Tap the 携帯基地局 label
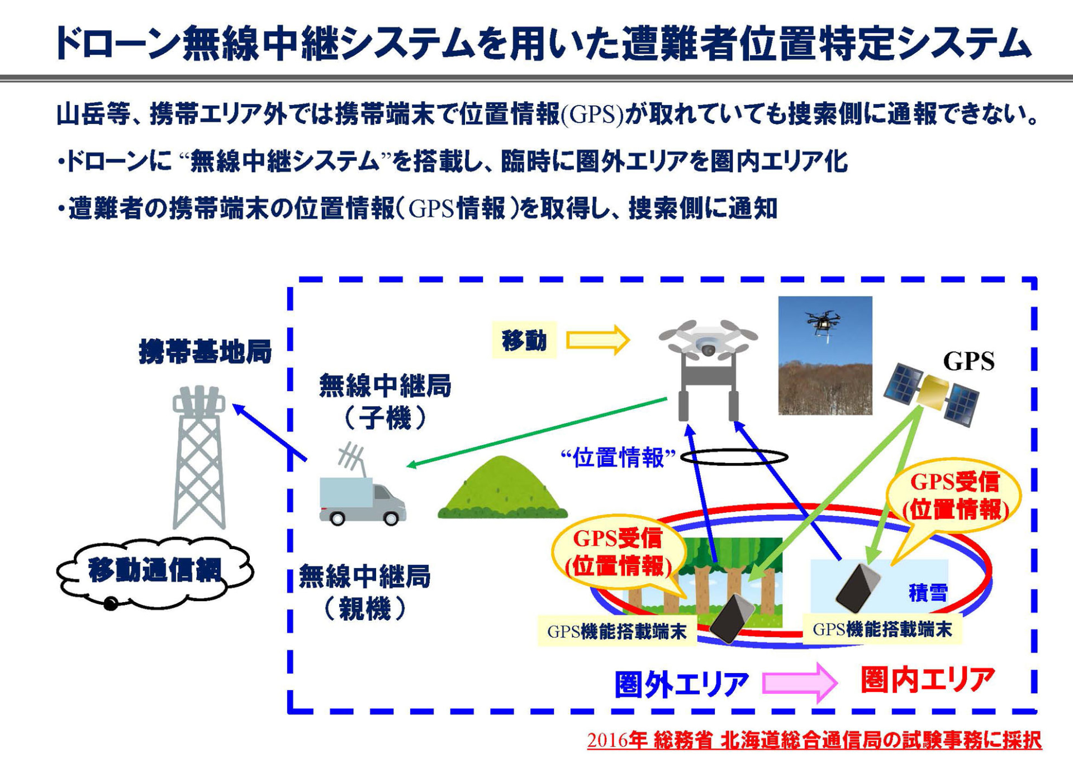tap(205, 352)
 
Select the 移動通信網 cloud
tap(155, 571)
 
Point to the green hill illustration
tap(502, 489)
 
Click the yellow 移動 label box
tap(524, 340)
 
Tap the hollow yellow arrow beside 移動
tap(597, 340)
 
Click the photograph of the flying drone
tap(825, 355)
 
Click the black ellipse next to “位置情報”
tap(734, 458)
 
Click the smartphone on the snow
tap(857, 588)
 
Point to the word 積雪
tap(928, 592)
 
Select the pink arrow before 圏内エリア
tap(800, 682)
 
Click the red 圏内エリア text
tap(928, 680)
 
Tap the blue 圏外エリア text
tap(681, 684)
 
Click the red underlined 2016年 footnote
tap(814, 740)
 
